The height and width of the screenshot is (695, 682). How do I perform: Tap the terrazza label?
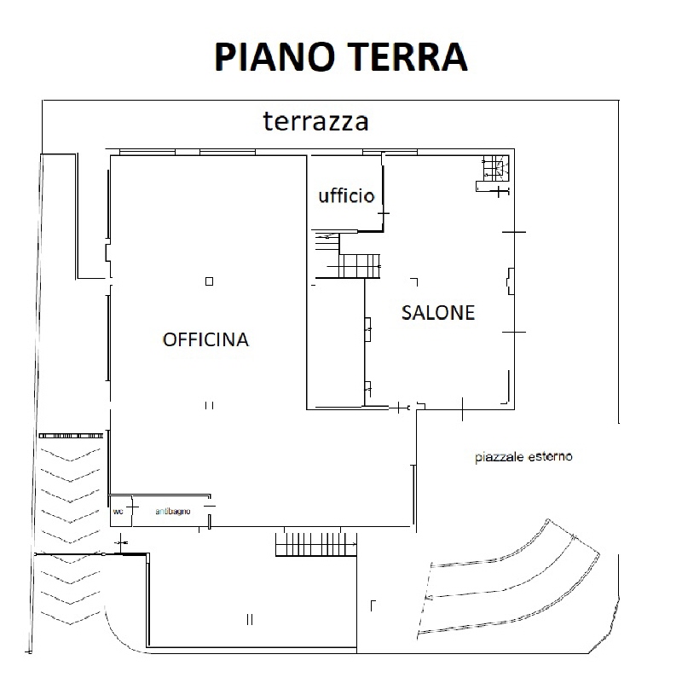(315, 121)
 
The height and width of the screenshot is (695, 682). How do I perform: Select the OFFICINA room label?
(205, 339)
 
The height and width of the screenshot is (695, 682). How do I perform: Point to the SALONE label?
(438, 312)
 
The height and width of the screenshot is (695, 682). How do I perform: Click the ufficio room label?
(346, 195)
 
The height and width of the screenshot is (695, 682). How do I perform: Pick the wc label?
(118, 512)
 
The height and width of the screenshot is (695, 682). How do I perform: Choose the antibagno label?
(173, 511)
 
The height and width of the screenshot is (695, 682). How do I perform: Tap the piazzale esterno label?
(523, 456)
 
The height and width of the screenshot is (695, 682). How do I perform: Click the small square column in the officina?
(209, 281)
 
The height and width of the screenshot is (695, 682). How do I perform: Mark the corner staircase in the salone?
(495, 169)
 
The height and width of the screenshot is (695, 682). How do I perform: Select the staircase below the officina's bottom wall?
(316, 544)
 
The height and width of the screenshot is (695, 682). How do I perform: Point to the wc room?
(120, 511)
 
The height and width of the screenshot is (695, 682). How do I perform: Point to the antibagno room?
(170, 511)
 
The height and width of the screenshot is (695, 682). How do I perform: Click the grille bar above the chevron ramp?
(71, 436)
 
